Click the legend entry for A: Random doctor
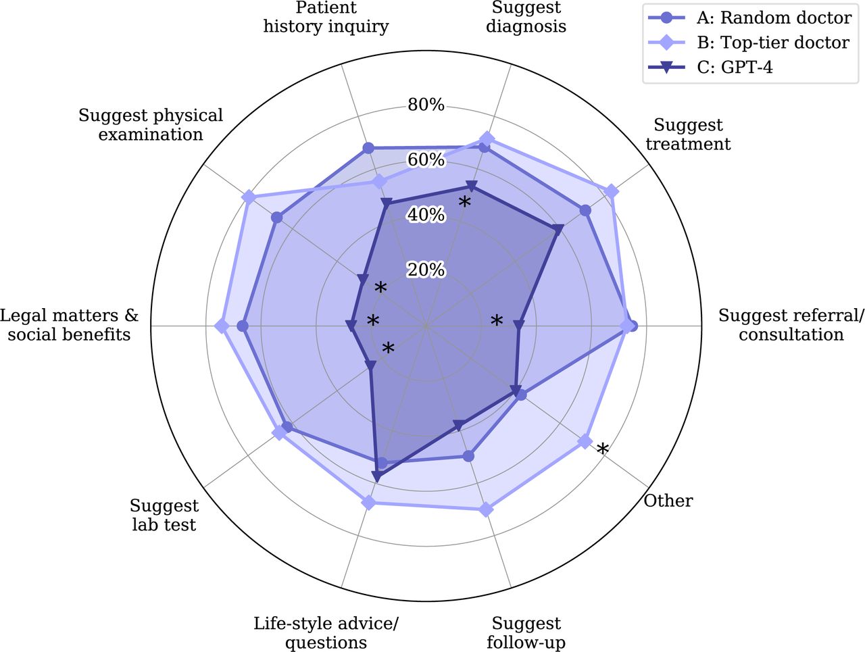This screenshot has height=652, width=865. tap(749, 18)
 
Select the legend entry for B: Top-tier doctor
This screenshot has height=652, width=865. tap(749, 43)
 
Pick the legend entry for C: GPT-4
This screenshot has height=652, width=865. tap(710, 68)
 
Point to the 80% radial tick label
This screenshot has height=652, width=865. tap(426, 105)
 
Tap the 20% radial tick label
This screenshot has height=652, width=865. tap(426, 270)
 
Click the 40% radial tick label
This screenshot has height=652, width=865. tap(426, 215)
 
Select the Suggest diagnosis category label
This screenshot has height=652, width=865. tap(526, 17)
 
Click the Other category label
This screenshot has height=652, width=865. tap(668, 501)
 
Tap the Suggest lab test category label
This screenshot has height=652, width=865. tap(164, 515)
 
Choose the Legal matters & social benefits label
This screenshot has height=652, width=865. tap(70, 325)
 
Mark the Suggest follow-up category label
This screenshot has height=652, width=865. tap(526, 632)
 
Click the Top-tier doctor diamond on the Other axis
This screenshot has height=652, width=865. tap(585, 442)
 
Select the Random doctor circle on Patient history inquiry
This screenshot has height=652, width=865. tap(368, 149)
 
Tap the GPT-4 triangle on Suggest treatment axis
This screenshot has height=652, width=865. tap(558, 229)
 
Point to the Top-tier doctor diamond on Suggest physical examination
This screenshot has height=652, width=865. tap(249, 197)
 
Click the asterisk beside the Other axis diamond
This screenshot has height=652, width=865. tap(603, 449)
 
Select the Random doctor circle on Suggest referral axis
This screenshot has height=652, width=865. tap(632, 326)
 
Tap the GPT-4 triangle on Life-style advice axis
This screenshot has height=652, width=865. tap(376, 477)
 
